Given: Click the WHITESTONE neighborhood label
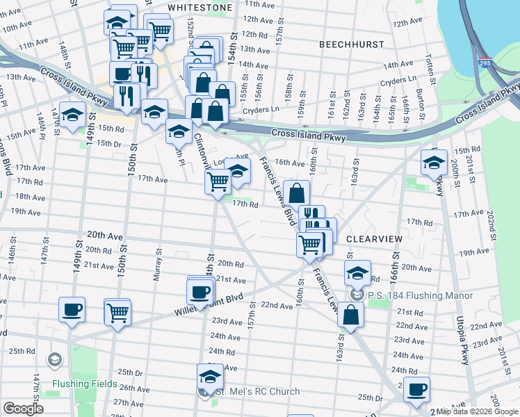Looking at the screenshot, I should click(200, 7).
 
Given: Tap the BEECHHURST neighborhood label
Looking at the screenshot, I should click(351, 44).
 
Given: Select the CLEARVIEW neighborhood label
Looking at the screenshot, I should click(374, 238).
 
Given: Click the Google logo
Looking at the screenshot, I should click(24, 409).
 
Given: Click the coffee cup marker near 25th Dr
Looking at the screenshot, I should click(416, 389).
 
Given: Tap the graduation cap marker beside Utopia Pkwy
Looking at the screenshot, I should click(434, 164).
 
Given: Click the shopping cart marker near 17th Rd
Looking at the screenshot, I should click(218, 181).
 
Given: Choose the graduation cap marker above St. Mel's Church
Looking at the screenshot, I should click(209, 377).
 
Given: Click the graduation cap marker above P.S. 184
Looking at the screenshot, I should click(357, 273).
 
